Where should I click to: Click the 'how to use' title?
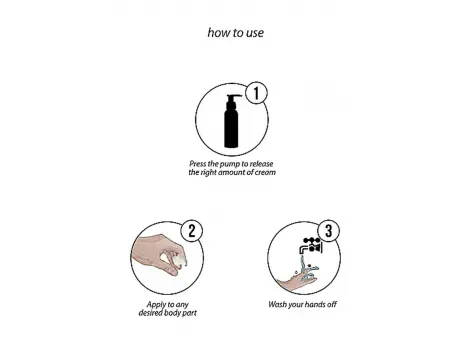(236, 33)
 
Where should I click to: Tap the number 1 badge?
(256, 93)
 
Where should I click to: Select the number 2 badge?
(192, 231)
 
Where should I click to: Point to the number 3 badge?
(329, 231)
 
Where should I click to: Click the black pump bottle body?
(231, 128)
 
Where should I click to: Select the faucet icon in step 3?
(311, 246)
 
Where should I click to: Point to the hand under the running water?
(297, 279)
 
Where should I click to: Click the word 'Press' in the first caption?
(198, 164)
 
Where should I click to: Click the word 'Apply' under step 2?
(156, 305)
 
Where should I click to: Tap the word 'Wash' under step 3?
(277, 304)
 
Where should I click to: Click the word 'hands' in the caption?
(315, 304)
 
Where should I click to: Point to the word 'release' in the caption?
(262, 164)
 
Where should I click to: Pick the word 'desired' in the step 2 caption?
(150, 313)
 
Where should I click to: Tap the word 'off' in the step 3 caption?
(332, 304)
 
